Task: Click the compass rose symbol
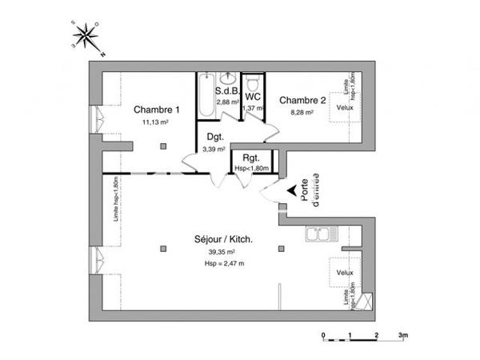(x=84, y=36)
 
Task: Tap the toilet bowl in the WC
(x=254, y=83)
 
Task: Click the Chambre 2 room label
(x=302, y=100)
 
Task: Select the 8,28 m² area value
(x=300, y=113)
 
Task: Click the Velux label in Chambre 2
(x=345, y=107)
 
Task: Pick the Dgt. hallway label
(x=214, y=137)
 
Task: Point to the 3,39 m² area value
(x=214, y=149)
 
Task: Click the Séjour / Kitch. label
(x=224, y=239)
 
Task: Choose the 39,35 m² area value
(x=222, y=252)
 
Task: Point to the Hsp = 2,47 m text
(x=224, y=263)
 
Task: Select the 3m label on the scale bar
(x=403, y=333)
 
